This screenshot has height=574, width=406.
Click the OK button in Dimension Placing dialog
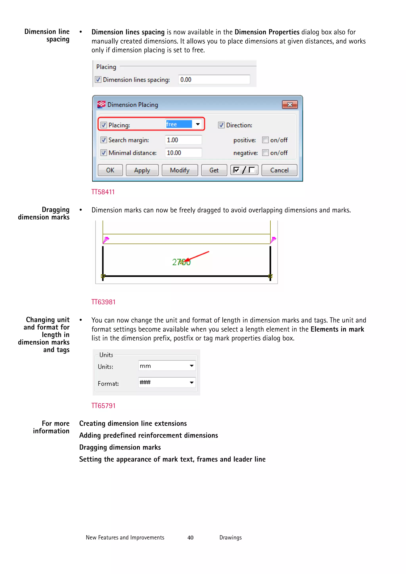(110, 170)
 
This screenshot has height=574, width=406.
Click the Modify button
(180, 170)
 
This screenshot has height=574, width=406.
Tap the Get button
(214, 170)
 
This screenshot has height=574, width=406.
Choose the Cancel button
(279, 170)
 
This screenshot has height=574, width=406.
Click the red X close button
(290, 104)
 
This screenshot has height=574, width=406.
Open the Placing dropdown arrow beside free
(198, 124)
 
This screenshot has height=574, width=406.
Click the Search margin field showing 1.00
(183, 140)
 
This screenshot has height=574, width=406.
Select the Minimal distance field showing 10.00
(183, 153)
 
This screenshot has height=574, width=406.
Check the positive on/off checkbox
(265, 140)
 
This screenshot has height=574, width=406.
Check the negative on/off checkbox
(265, 153)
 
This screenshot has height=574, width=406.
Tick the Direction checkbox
(221, 125)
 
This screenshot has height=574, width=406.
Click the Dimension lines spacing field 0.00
(214, 79)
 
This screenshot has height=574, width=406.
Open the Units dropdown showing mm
(192, 366)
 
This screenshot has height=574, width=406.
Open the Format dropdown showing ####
(192, 382)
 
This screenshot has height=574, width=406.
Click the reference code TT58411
(103, 192)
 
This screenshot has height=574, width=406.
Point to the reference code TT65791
(103, 406)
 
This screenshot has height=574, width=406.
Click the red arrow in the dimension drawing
(198, 256)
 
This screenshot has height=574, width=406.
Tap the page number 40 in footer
(190, 538)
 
